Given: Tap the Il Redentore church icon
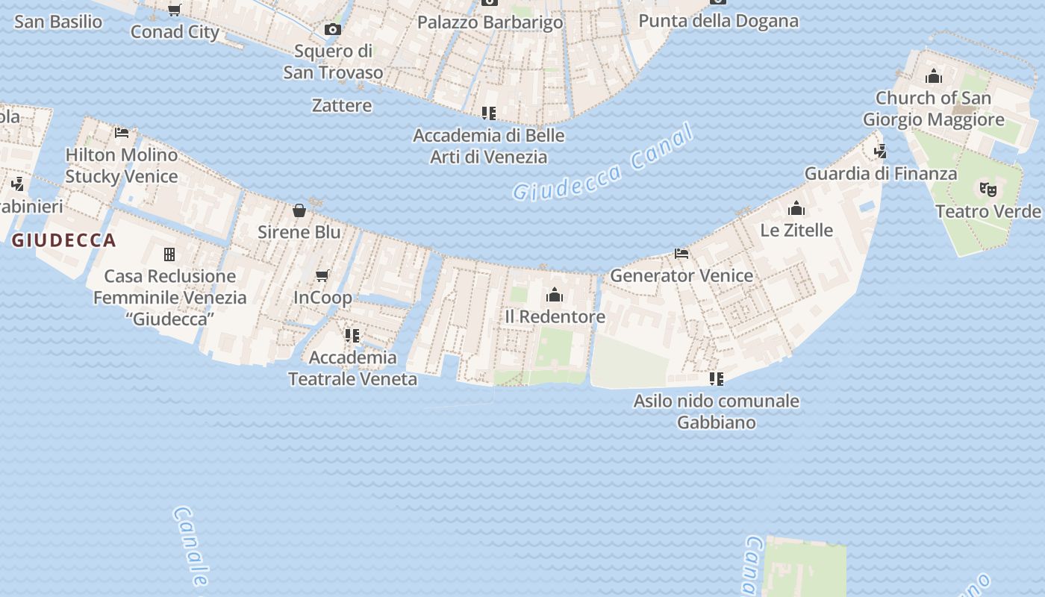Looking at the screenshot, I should coord(555,295).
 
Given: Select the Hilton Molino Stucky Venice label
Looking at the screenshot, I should coord(122,166).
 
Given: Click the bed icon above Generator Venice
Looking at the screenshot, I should coord(681,254).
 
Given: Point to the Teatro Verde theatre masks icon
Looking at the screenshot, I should coord(988,190).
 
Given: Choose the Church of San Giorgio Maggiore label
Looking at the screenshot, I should coord(933,109).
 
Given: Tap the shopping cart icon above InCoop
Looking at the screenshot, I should coord(322,276).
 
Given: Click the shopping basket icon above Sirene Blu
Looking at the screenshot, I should coord(299,210).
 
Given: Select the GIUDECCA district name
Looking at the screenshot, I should coord(64,240).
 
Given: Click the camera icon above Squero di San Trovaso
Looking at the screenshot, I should coord(333,30).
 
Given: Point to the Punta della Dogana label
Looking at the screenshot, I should coord(718,21).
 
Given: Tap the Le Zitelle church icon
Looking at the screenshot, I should coord(796,208).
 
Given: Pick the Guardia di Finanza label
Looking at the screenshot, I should coord(880,174).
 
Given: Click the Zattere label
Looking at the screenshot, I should coord(342,105).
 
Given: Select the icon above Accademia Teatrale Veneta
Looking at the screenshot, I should coord(352,336).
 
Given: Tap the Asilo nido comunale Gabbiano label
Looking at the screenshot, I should coord(716,411).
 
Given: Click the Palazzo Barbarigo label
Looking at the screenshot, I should coord(490,22).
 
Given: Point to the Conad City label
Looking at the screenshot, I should coord(175,32).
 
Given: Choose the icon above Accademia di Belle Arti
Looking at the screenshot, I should coord(489,113).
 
